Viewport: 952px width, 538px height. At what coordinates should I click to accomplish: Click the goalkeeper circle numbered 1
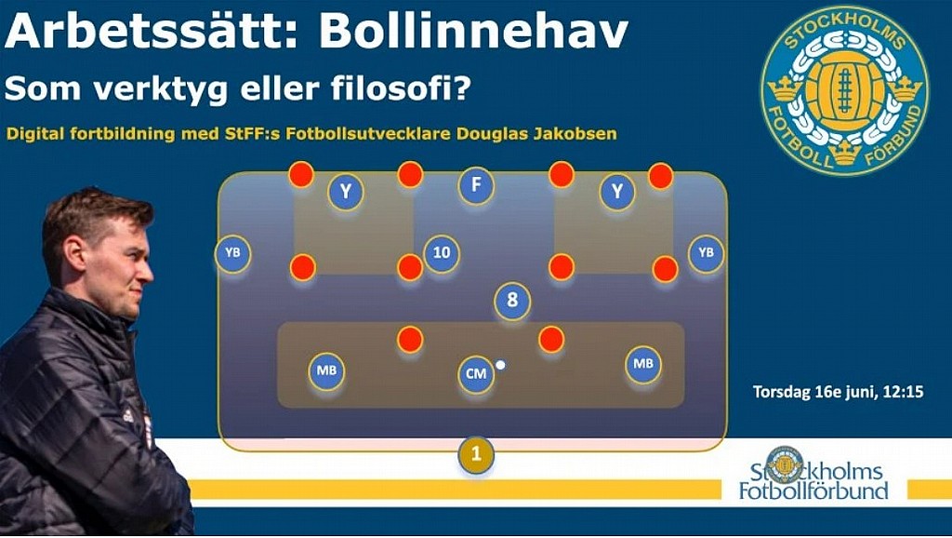476,454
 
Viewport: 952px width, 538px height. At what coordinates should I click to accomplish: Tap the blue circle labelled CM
476,374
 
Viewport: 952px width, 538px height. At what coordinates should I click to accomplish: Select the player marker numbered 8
512,301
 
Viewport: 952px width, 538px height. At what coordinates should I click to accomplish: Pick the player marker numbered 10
442,253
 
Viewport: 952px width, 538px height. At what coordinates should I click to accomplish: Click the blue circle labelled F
476,185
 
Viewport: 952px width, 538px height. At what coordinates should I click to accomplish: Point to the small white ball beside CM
500,365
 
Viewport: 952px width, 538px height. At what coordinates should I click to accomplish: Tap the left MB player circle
326,370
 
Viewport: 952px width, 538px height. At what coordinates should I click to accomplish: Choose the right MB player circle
643,364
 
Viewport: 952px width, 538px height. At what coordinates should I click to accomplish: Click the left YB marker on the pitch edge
233,253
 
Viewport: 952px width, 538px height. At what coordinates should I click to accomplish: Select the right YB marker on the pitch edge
707,253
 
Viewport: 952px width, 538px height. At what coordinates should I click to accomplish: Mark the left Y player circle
346,192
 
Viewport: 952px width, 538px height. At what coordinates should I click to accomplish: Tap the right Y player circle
617,192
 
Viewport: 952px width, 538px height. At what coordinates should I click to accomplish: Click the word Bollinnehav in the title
473,31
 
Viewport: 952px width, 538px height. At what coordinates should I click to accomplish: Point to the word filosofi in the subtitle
402,88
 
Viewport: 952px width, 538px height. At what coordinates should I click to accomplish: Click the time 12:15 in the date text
904,392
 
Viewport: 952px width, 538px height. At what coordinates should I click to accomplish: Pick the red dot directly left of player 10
410,267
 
